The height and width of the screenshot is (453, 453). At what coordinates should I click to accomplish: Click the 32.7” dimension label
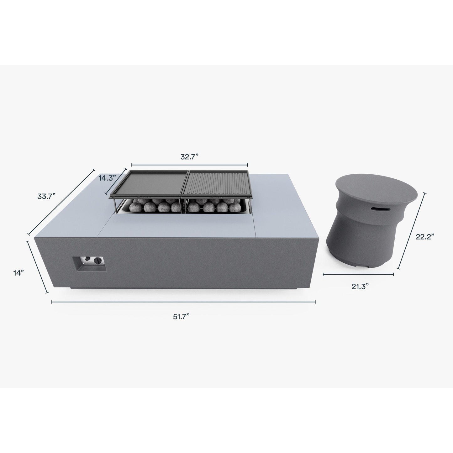tap(190, 157)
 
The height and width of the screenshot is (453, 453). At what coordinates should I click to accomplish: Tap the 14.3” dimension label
tap(108, 178)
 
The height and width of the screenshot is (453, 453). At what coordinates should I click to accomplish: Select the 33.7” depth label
tap(46, 196)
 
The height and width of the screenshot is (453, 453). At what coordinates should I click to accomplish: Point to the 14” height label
tap(18, 273)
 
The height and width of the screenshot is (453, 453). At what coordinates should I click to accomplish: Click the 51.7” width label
tap(181, 317)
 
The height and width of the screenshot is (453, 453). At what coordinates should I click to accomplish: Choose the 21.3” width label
tap(360, 287)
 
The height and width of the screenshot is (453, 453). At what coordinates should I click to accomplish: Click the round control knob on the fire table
tap(97, 261)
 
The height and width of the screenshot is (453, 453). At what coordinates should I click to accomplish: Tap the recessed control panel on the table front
tap(89, 264)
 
